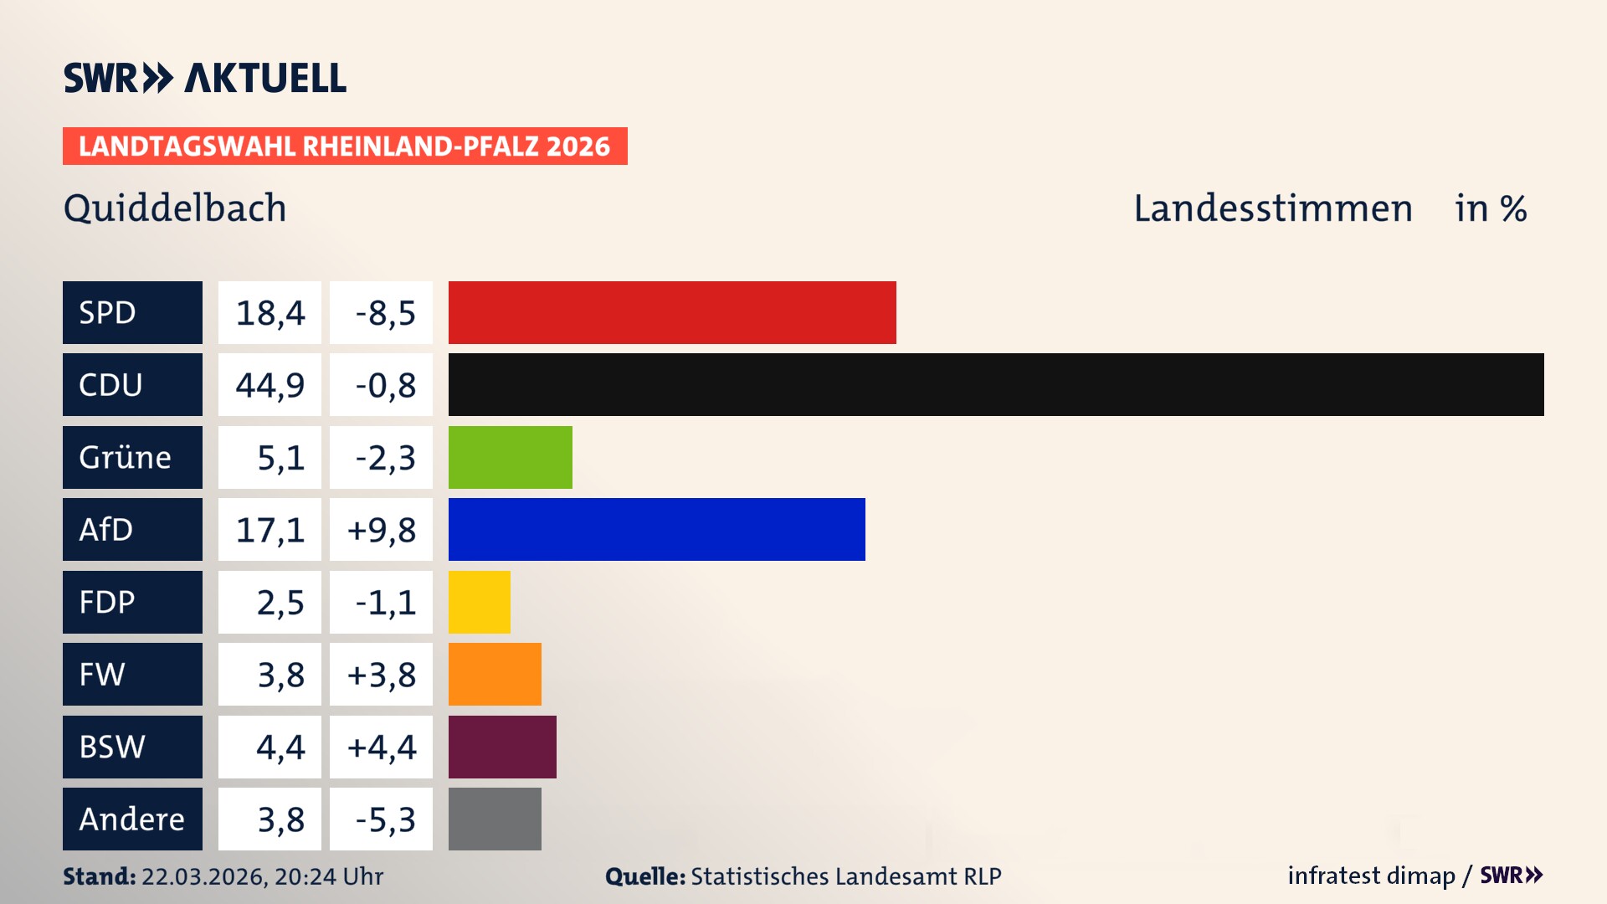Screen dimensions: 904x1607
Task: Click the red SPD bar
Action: (672, 312)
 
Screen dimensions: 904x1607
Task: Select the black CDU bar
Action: (996, 384)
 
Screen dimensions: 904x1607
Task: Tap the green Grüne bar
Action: (510, 457)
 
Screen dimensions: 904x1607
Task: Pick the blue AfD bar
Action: (656, 529)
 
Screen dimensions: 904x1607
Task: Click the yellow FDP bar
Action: (479, 602)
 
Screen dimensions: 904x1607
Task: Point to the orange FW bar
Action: (495, 674)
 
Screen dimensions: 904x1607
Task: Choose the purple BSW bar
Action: (502, 747)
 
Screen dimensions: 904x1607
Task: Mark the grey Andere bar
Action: (495, 819)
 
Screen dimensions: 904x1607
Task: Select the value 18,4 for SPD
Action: (270, 312)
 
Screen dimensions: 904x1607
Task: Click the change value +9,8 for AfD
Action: (381, 529)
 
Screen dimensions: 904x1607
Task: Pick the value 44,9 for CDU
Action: (270, 384)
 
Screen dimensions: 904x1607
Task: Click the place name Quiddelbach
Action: (175, 208)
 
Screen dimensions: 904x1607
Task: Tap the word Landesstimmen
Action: (1272, 208)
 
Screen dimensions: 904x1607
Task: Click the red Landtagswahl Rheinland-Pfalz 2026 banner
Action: (345, 146)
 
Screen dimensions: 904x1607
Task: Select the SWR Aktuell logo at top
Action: (205, 78)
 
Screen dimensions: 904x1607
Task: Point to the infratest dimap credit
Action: (1371, 876)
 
